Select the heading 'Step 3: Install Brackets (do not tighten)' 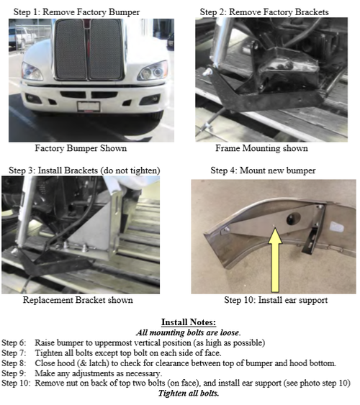click(x=84, y=170)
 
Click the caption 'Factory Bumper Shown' click(x=81, y=149)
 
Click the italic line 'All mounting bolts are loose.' click(x=180, y=332)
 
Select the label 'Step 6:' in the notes click(x=17, y=342)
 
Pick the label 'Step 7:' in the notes click(x=17, y=352)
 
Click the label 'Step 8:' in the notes click(x=17, y=363)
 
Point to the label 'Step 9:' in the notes click(x=17, y=373)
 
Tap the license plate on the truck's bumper click(x=87, y=106)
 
